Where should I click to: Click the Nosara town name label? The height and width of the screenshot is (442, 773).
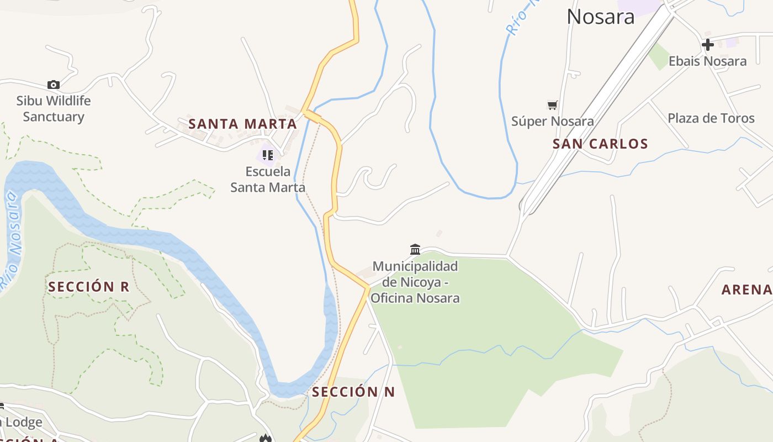tap(601, 17)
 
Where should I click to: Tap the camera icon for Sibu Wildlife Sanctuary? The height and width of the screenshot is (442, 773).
tap(54, 85)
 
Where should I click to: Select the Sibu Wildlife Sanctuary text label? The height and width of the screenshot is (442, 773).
tap(54, 109)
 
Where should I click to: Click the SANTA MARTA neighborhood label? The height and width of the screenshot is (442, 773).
tap(243, 124)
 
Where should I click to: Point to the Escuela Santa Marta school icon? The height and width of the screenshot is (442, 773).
tap(268, 155)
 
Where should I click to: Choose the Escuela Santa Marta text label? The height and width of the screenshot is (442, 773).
tap(268, 180)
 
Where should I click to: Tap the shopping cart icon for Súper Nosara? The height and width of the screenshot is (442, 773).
tap(552, 105)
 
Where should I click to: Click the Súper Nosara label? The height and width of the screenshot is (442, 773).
tap(553, 121)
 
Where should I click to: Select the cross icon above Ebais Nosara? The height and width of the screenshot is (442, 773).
tap(707, 45)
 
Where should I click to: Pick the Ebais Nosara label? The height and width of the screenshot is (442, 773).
tap(707, 61)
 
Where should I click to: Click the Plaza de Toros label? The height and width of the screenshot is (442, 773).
tap(711, 118)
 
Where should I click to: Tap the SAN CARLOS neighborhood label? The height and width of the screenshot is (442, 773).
tap(600, 144)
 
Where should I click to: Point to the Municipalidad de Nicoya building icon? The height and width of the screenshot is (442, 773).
tap(415, 249)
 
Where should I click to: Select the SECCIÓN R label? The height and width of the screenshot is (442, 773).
tap(88, 287)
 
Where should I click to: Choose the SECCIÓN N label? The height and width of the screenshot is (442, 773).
tap(353, 392)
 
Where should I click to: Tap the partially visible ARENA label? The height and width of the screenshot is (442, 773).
tap(747, 290)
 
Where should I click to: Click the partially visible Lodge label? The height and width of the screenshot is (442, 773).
tap(23, 423)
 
